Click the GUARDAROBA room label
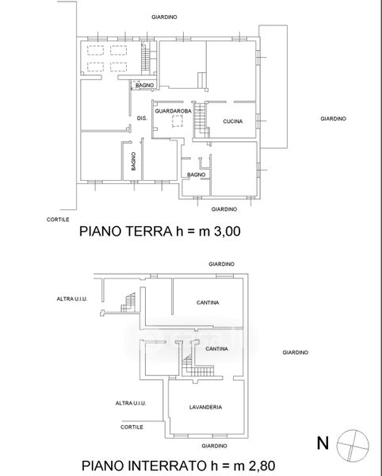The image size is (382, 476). pos(173,111)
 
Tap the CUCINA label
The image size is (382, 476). pos(233,121)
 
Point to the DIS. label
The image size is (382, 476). pos(142,118)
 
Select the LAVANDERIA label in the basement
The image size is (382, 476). pos(205,407)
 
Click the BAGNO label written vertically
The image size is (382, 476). pos(133,161)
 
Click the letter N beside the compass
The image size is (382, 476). pos(323,443)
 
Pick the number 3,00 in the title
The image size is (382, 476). pos(227,232)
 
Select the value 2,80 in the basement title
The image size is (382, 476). pos(262,466)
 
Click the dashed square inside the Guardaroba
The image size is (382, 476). pos(178,121)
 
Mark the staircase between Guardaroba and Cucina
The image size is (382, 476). pos(201,121)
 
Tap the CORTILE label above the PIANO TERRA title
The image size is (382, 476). pos(58,220)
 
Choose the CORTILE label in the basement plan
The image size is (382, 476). pos(132,427)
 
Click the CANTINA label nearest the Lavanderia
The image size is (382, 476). pos(217,349)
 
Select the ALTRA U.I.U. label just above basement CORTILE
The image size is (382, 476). pos(131,403)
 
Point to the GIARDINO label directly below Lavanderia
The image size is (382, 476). pos(214,446)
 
